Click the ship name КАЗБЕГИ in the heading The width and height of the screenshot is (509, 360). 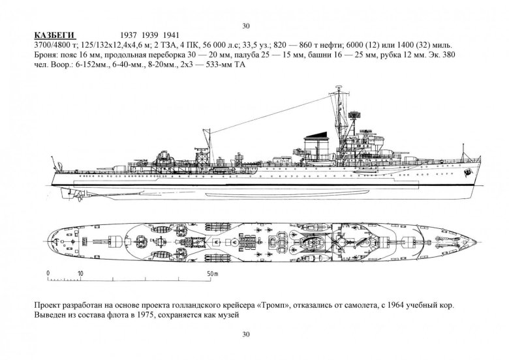click(55, 35)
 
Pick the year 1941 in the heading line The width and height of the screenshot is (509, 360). click(172, 35)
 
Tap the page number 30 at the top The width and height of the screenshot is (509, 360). click(246, 25)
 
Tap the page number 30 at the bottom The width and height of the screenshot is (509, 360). click(246, 335)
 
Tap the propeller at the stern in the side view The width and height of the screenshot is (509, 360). click(74, 193)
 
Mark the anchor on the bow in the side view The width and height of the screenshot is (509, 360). click(468, 173)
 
